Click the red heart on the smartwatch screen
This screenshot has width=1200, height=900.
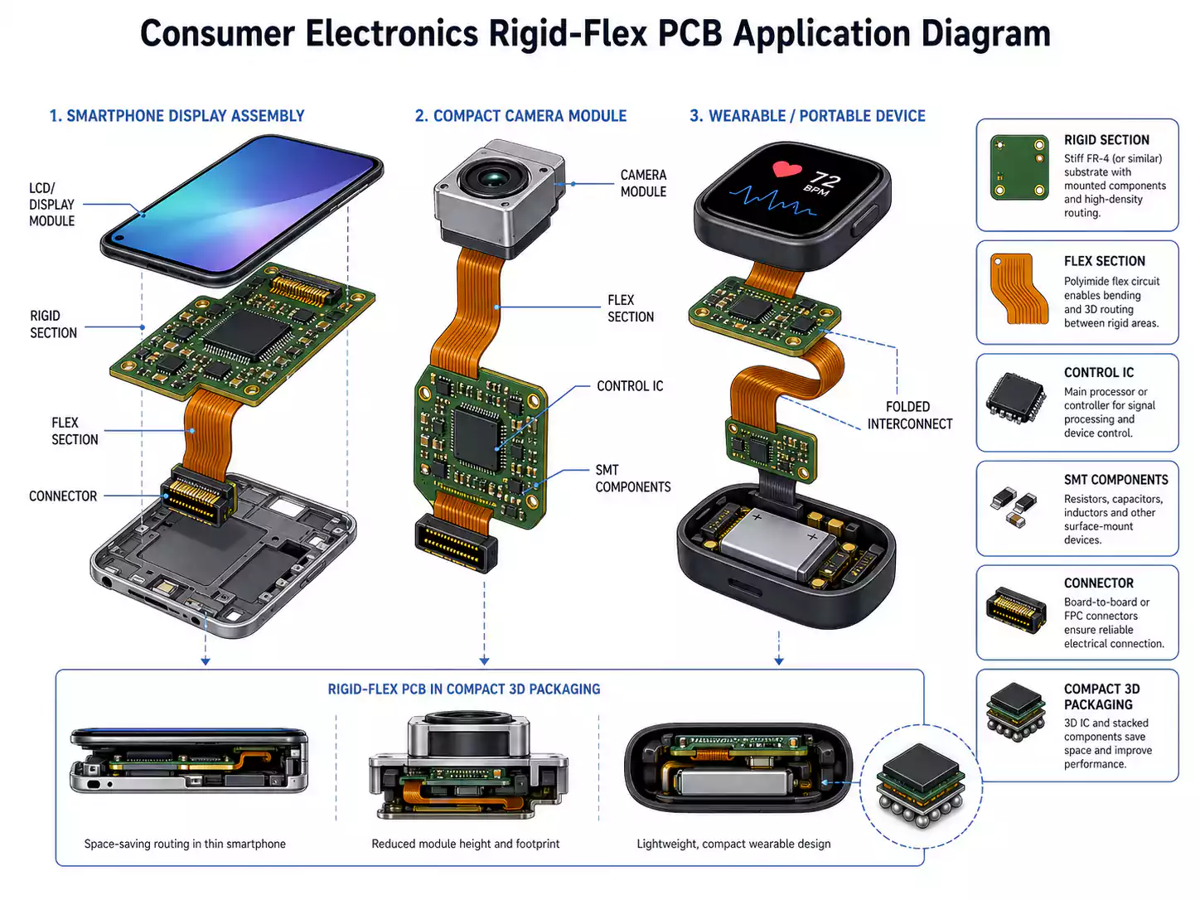(x=786, y=169)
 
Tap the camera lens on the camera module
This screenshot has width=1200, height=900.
(x=492, y=177)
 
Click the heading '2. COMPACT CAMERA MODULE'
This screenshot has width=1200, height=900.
(x=520, y=116)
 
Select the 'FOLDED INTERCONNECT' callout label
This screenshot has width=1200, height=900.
(x=909, y=415)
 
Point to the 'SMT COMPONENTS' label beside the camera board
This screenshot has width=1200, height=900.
(x=632, y=478)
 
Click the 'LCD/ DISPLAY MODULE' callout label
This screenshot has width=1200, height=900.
(x=51, y=205)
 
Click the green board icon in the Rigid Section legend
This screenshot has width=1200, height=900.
(x=1019, y=168)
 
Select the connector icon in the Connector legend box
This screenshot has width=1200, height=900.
(x=1016, y=611)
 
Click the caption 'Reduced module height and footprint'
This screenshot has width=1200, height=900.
(x=465, y=844)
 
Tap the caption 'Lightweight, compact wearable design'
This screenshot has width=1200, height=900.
(x=733, y=844)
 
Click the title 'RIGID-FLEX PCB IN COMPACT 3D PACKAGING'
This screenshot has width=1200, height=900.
(x=464, y=690)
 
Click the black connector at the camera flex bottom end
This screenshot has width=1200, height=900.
(x=456, y=543)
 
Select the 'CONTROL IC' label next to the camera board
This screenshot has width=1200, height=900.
(x=630, y=386)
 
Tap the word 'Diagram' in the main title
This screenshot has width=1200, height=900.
(x=985, y=34)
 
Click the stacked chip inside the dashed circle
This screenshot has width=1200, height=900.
(x=921, y=783)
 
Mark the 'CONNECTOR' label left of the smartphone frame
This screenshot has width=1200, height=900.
(x=63, y=496)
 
